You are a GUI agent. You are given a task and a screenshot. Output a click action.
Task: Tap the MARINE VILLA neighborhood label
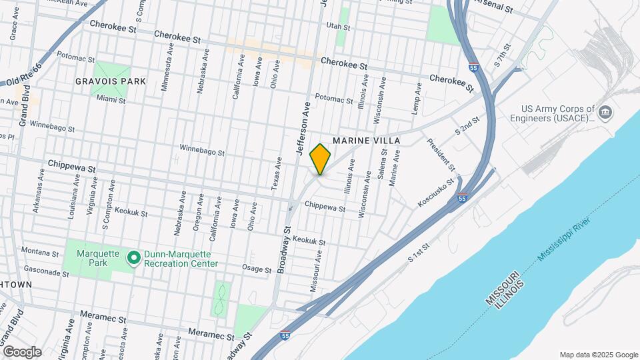[x=366, y=141]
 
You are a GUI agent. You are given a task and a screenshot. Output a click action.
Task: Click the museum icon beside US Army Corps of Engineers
[x=605, y=111]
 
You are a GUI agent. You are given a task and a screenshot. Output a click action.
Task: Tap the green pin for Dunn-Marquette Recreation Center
[x=133, y=257]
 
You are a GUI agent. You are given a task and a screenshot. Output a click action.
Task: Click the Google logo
[x=21, y=351]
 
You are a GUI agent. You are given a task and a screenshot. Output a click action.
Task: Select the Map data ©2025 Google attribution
[x=598, y=355]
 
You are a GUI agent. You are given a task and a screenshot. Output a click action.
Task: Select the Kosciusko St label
[x=437, y=191]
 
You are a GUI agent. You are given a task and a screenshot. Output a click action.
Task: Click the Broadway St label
[x=284, y=250]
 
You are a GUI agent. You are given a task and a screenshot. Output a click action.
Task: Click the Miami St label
[x=111, y=99]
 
